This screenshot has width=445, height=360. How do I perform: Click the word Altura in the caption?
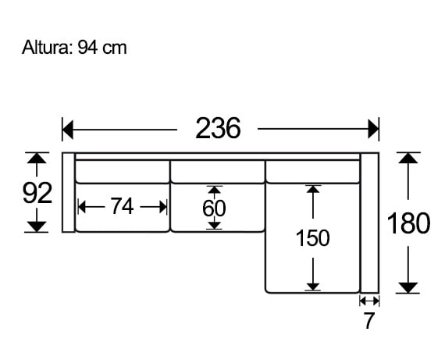46,48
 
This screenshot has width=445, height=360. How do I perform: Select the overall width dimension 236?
217,127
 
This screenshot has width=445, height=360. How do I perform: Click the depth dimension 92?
37,192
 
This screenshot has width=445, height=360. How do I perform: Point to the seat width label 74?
122,206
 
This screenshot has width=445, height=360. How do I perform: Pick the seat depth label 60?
215,209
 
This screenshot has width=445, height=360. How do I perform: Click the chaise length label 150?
312,237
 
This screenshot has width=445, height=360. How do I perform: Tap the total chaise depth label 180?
408,223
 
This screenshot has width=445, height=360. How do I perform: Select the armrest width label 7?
369,320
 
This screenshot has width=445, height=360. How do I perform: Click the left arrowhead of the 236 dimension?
68,128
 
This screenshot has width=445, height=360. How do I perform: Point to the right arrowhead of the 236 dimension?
373,128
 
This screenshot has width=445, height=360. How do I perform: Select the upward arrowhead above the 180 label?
408,159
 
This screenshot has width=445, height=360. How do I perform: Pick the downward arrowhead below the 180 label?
408,287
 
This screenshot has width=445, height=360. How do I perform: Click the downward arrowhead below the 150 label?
312,285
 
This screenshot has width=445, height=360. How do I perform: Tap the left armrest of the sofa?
68,193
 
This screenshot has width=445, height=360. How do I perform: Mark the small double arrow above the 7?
369,301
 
